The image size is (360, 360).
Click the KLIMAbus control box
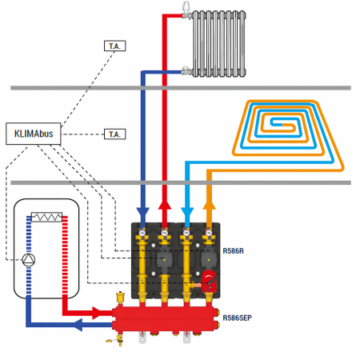[34, 133]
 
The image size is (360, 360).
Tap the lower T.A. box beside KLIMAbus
[115, 133]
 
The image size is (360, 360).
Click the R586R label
[234, 250]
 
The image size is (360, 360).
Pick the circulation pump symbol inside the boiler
[30, 260]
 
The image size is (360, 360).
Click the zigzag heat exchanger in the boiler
[48, 217]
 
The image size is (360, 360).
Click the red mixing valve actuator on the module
[209, 281]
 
